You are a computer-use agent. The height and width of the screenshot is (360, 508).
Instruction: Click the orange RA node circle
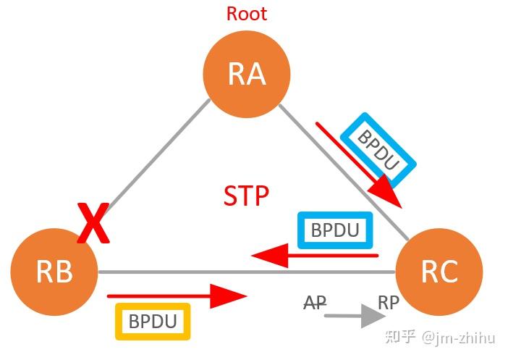[x=247, y=75]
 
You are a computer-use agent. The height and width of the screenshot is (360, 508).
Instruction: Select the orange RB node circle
[x=54, y=272]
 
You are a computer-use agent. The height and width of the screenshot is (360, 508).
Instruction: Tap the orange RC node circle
[x=439, y=272]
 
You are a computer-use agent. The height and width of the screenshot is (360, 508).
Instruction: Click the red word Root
[x=247, y=14]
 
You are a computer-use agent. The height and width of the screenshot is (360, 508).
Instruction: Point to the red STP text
[x=247, y=196]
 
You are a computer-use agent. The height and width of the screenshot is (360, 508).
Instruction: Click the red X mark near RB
[x=94, y=225]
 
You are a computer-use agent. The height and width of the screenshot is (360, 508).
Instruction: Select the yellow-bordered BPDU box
[x=153, y=322]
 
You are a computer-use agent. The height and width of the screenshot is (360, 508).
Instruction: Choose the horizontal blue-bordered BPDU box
[x=335, y=230]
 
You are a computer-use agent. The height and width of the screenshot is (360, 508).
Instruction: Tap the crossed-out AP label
[x=315, y=302]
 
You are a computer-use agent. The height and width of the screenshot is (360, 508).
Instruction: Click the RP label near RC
[x=389, y=302]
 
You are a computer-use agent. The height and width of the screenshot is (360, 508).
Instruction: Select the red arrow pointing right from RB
[x=177, y=296]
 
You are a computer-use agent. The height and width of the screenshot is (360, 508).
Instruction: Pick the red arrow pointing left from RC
[x=315, y=255]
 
